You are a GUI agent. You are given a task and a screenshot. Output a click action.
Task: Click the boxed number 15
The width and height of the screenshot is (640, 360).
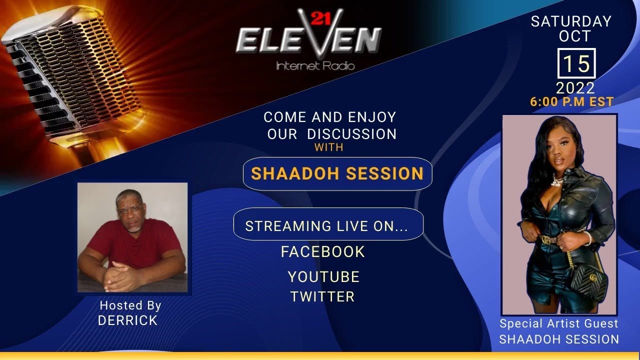(576, 64)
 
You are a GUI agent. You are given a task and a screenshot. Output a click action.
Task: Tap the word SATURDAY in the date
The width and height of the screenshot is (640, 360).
(571, 21)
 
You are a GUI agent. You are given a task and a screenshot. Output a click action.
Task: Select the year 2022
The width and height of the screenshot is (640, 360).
(575, 88)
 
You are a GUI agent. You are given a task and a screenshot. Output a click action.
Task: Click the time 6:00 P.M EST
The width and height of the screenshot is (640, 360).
(572, 101)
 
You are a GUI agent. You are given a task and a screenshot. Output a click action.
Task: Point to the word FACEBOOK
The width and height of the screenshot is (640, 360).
(323, 251)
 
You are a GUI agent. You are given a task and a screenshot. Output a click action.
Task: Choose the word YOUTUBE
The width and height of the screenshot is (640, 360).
(323, 276)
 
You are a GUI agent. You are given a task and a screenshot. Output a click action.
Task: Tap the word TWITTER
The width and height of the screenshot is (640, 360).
(322, 296)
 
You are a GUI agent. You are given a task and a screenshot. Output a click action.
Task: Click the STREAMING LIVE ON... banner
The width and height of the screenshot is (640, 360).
(328, 226)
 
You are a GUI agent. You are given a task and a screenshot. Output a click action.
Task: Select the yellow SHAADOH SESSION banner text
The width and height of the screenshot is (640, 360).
(337, 173)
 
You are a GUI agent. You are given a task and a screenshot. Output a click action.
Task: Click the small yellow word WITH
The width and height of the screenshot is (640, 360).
(329, 148)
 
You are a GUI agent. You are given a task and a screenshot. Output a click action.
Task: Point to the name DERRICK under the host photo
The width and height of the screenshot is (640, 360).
(128, 321)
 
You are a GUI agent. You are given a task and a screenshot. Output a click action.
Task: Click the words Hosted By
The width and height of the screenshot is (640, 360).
(130, 305)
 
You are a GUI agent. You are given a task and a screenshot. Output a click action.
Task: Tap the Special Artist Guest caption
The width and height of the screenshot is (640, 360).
(559, 323)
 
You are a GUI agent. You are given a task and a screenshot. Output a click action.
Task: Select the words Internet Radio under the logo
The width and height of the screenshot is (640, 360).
(315, 65)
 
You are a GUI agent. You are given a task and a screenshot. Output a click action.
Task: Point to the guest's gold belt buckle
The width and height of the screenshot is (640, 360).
(547, 240)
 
